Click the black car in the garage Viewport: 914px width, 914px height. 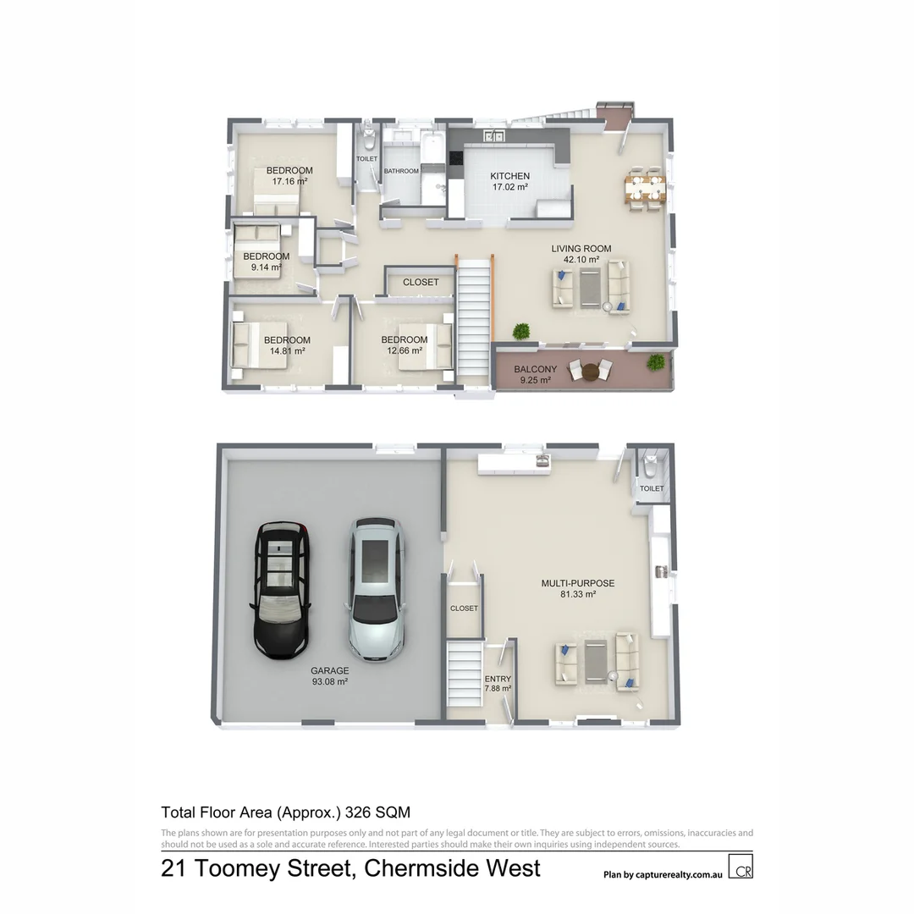280,590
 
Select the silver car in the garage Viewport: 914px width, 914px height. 375,590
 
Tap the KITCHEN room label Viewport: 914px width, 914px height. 509,176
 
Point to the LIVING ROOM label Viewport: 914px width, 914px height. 581,249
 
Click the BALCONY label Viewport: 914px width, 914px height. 535,370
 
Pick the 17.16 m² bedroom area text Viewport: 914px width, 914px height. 289,181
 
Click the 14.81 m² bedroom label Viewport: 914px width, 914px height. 286,350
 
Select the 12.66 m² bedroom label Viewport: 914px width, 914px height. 404,350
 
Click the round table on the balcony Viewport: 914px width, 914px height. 591,371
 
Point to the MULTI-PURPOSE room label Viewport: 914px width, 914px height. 577,583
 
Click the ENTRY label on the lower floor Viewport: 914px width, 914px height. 498,679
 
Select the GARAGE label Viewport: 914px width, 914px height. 329,670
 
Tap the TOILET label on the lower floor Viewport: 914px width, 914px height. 652,488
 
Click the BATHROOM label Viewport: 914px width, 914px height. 401,171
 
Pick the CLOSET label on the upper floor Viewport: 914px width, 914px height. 421,282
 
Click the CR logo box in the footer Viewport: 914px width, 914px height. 742,869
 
